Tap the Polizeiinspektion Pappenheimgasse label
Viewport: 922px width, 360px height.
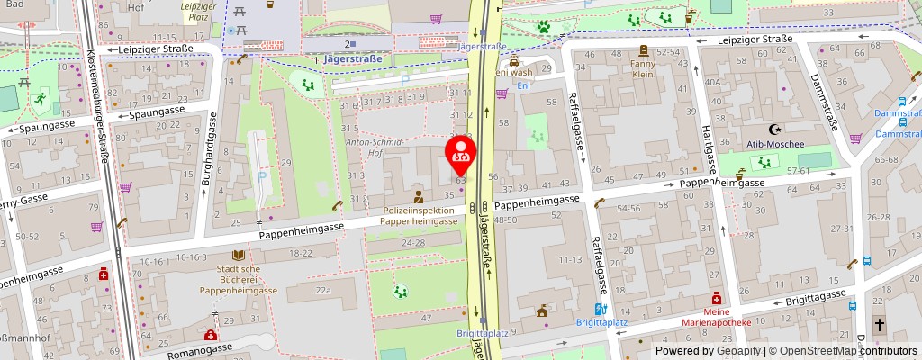point(419,214)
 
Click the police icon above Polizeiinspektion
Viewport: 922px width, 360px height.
point(418,195)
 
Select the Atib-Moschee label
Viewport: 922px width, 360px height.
point(771,141)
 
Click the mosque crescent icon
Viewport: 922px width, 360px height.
point(771,129)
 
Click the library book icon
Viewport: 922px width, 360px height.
point(239,256)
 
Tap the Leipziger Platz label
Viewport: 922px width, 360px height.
point(197,12)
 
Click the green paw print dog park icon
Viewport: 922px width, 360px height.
point(544,27)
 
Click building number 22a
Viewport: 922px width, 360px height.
point(323,291)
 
